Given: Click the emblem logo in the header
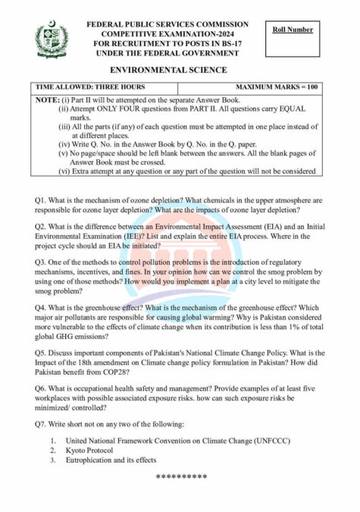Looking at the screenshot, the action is pos(52,39).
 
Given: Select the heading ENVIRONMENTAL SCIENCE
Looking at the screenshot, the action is pos(179,70).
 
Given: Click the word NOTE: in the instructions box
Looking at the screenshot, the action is pos(48,99).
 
